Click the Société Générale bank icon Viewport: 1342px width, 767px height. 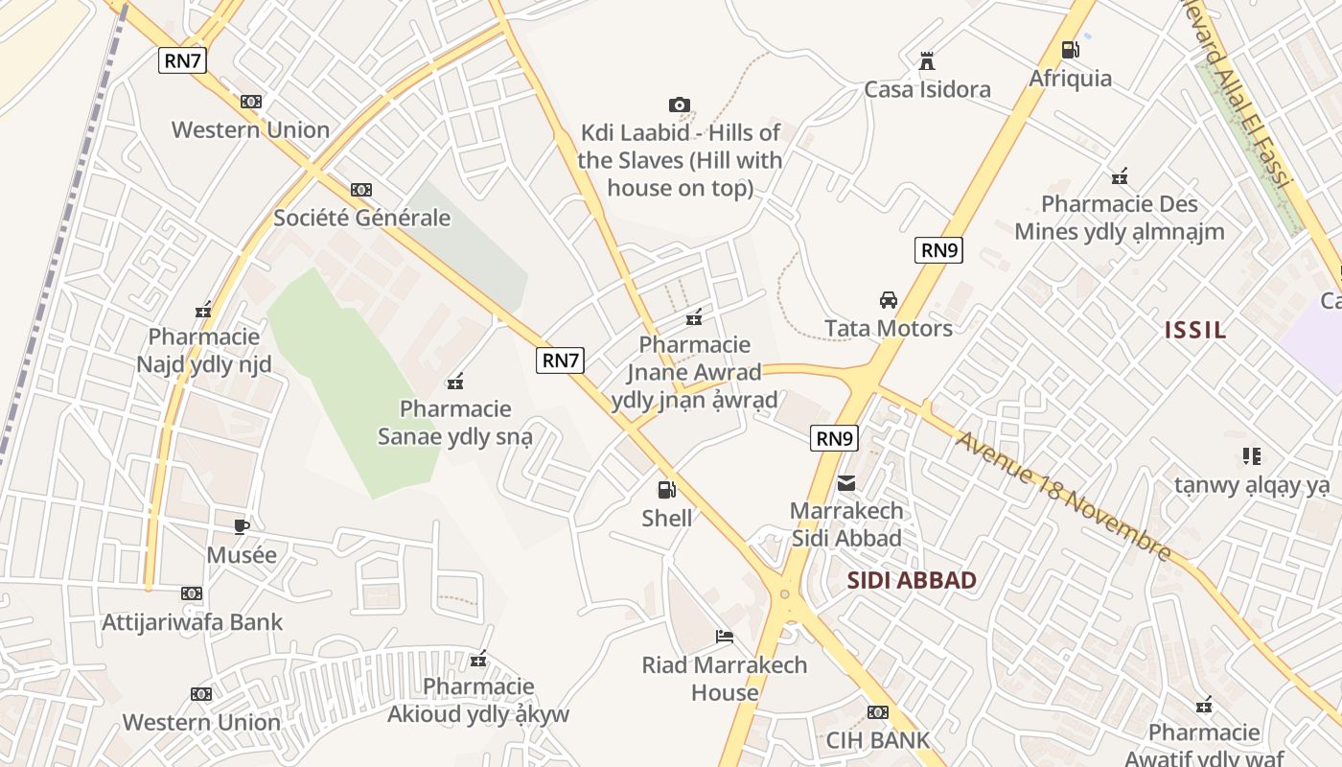click(361, 190)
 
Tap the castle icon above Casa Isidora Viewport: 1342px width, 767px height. click(926, 61)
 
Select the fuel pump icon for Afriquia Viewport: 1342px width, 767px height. click(1070, 50)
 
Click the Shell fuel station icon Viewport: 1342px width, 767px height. click(666, 490)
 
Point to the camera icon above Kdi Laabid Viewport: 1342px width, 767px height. click(680, 105)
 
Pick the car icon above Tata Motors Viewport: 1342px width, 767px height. click(889, 300)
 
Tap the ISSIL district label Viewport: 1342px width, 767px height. click(1195, 331)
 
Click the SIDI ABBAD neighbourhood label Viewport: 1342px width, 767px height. click(912, 580)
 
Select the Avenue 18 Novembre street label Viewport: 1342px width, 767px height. click(1063, 497)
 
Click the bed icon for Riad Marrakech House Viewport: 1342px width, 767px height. click(725, 637)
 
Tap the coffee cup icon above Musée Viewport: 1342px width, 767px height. click(242, 526)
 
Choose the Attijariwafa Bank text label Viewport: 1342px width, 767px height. click(193, 622)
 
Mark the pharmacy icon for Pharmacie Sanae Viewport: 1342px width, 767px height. click(455, 382)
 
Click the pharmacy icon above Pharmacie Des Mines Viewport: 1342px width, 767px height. click(1119, 176)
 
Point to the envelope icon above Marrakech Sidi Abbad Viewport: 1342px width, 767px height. click(846, 483)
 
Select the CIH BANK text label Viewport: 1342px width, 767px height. click(878, 740)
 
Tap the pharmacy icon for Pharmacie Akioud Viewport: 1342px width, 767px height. click(478, 660)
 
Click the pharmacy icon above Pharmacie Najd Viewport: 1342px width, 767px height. click(203, 310)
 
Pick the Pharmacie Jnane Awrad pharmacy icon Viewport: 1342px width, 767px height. click(694, 317)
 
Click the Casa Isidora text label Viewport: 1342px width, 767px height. click(927, 90)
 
